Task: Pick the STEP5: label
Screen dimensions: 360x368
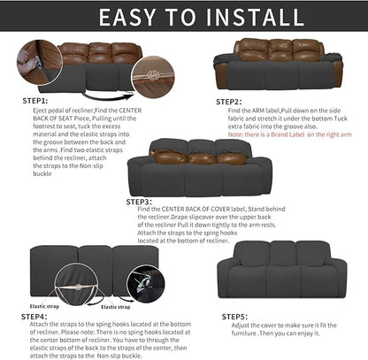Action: pos(235,315)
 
